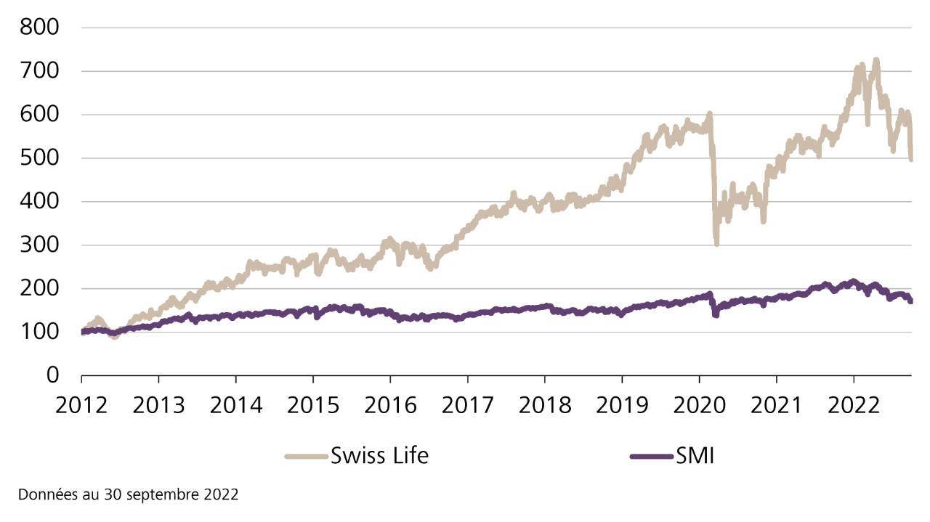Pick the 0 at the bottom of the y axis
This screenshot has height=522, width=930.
[52, 375]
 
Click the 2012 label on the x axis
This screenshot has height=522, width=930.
[81, 404]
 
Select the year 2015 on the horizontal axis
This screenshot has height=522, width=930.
[312, 404]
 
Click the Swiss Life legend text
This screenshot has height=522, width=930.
[379, 457]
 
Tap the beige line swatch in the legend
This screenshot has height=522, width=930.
[306, 457]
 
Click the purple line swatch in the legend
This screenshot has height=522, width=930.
[650, 457]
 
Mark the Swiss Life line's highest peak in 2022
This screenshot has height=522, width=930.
[876, 60]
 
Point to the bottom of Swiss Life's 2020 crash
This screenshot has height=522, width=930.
[716, 243]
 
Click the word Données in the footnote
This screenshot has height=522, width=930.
[44, 495]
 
